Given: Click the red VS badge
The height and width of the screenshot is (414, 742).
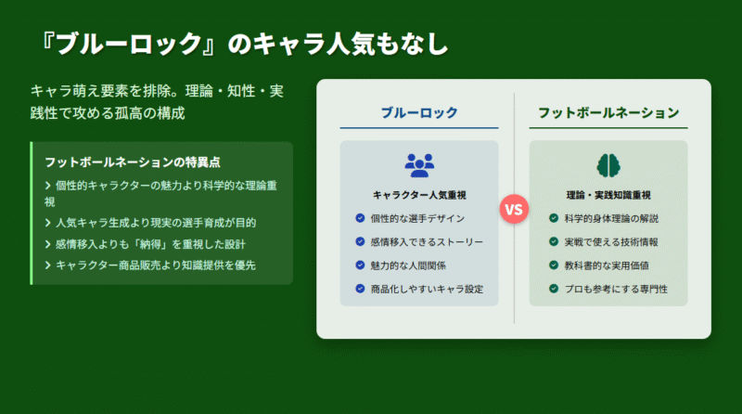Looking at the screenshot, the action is pyautogui.click(x=514, y=209).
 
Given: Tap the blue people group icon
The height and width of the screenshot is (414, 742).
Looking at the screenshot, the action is pyautogui.click(x=419, y=165).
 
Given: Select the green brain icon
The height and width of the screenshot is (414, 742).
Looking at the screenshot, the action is pyautogui.click(x=608, y=165).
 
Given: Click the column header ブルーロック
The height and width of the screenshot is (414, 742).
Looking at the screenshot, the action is pyautogui.click(x=419, y=112).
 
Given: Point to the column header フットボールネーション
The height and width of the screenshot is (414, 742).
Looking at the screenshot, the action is pyautogui.click(x=608, y=112).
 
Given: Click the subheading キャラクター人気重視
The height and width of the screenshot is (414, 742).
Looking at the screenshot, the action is pyautogui.click(x=419, y=195).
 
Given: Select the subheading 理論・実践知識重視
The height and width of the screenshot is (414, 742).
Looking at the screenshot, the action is pyautogui.click(x=608, y=195).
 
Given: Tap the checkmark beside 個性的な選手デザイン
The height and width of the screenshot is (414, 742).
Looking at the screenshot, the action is pyautogui.click(x=360, y=218).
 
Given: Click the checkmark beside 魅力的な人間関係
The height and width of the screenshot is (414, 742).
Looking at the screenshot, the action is pyautogui.click(x=360, y=265).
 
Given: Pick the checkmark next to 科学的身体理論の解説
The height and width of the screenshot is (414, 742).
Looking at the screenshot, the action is pyautogui.click(x=554, y=218).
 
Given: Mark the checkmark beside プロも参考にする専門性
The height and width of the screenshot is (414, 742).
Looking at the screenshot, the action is pyautogui.click(x=554, y=288).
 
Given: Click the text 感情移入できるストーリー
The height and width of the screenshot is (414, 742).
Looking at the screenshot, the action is pyautogui.click(x=427, y=242).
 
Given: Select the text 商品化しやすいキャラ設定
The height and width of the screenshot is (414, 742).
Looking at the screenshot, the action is pyautogui.click(x=427, y=289).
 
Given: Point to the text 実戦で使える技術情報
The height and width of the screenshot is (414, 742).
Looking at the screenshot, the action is pyautogui.click(x=611, y=242).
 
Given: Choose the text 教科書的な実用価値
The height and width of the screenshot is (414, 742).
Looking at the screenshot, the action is pyautogui.click(x=607, y=265).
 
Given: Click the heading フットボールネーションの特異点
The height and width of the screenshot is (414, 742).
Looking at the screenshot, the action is pyautogui.click(x=133, y=162).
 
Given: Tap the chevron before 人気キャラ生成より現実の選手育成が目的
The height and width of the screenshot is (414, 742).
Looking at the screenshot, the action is pyautogui.click(x=48, y=223).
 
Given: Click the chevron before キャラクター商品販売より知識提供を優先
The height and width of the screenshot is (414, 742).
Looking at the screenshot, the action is pyautogui.click(x=48, y=265).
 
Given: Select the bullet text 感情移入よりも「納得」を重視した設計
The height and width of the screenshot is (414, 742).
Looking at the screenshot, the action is pyautogui.click(x=150, y=244).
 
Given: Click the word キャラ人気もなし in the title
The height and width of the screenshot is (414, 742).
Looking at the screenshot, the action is pyautogui.click(x=351, y=44).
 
